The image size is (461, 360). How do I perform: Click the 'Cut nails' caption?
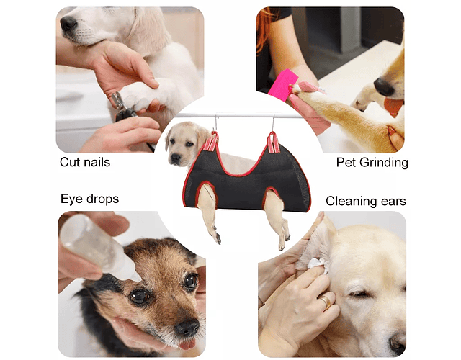pos(85,162)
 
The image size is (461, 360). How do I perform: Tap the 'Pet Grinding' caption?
pos(372,163)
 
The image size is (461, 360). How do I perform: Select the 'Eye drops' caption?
pos(89,199)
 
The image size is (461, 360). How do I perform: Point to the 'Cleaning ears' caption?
pos(366,202)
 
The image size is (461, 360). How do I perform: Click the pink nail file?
pos(281,85)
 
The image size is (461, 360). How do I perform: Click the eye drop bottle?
pos(97,247)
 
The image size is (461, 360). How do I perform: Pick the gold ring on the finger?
pos(326,302)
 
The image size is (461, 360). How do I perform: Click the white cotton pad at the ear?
pos(318,264)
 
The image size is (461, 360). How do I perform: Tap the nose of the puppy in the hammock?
pos(176,158)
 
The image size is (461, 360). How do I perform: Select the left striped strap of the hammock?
pos(211,142)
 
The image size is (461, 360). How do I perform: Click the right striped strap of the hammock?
pos(274,143)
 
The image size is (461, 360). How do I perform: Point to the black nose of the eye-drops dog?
pos(187,327)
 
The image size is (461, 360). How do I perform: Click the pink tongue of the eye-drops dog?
pos(187,344)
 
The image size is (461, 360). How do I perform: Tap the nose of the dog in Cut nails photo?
pos(68,24)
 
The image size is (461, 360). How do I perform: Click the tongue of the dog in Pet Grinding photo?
pos(393,107)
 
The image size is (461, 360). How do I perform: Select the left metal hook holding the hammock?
pos(216,122)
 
